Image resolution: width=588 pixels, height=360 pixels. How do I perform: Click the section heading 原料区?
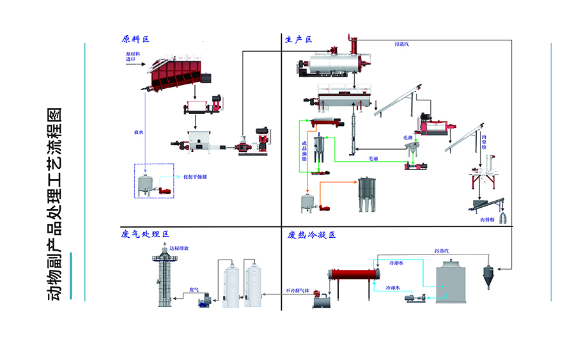tap(135, 39)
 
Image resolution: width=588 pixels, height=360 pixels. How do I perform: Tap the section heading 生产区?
tap(298, 39)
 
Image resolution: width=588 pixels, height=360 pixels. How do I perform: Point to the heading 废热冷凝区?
tap(312, 235)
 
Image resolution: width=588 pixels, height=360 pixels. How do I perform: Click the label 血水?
tap(138, 132)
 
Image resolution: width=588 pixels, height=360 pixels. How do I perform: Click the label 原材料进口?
tap(131, 57)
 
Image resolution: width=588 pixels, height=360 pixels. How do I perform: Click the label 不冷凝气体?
tap(297, 290)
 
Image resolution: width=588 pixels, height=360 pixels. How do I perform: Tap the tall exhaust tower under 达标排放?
tap(162, 281)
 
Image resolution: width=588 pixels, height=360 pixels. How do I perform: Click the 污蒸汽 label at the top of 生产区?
tap(402, 44)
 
